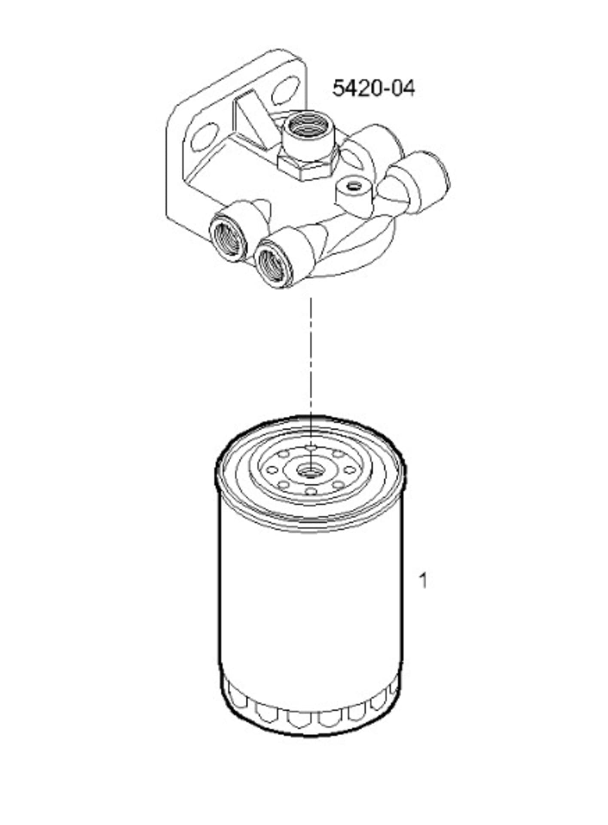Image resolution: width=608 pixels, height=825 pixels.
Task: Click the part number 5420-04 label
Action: tap(373, 89)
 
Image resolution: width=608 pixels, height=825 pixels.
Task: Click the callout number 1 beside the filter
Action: tap(423, 581)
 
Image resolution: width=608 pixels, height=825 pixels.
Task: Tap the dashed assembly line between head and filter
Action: tap(311, 352)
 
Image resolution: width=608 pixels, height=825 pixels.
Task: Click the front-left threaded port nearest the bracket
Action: tap(229, 238)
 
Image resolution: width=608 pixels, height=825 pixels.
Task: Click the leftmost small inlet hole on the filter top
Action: tap(272, 470)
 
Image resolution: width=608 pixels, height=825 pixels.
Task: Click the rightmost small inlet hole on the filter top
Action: tap(349, 470)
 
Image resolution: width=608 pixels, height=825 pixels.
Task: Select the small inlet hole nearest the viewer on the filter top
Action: tap(311, 491)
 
